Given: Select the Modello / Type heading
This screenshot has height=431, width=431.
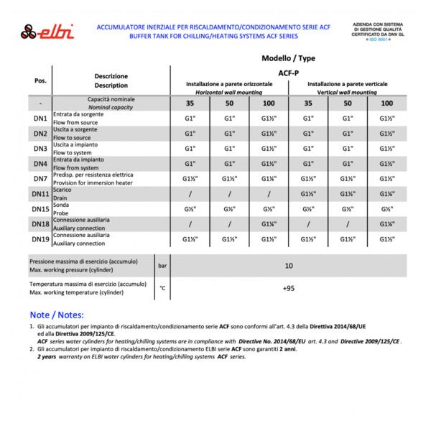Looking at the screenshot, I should (288, 58).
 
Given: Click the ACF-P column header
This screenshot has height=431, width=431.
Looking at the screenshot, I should (288, 73).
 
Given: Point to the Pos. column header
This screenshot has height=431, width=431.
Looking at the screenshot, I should (40, 80).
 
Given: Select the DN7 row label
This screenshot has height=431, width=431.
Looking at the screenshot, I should (40, 178).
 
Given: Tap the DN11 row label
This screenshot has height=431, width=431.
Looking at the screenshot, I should (40, 194).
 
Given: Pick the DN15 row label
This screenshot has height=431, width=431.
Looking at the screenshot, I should (40, 209).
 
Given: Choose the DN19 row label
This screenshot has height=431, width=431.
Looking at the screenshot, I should (40, 239).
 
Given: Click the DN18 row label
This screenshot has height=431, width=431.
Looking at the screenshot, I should (40, 224).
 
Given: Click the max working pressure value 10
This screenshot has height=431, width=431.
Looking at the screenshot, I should (289, 266).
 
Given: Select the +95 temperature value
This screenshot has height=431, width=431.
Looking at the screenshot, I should (289, 288).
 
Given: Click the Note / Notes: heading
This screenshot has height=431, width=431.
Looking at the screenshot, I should (57, 315).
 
